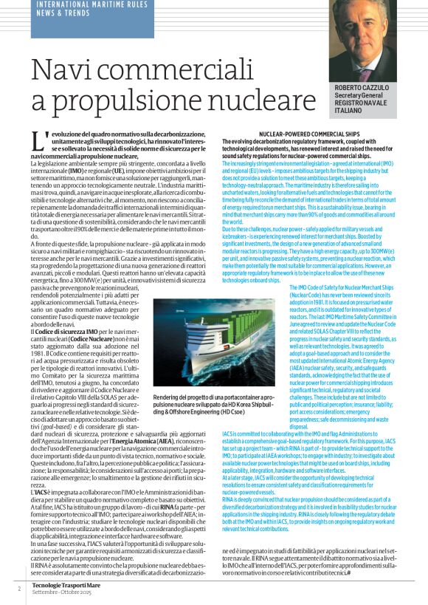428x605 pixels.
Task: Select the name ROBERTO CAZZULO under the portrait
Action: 364,89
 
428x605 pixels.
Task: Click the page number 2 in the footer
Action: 19,588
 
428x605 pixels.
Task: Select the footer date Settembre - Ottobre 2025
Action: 61,592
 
